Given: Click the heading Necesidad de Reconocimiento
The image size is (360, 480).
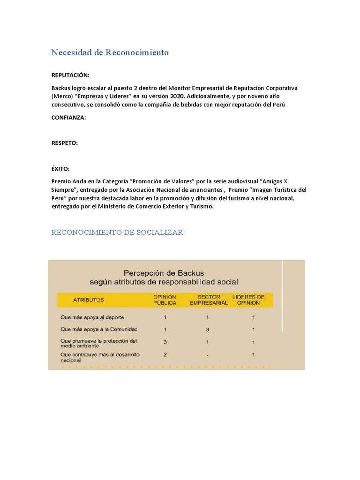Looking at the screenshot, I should coord(110,52).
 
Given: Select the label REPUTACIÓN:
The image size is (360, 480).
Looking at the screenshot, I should coord(70,75).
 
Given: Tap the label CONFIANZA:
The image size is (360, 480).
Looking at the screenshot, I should coord(68,118).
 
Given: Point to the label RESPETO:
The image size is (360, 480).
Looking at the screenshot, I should coord(65,143).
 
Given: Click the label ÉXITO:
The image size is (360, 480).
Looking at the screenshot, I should coord(60,169).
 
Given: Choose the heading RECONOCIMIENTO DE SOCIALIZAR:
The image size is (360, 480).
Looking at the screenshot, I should coord(118,232).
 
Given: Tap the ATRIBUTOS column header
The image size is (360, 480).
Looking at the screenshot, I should coord(89,300).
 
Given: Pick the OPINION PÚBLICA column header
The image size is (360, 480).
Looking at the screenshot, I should coord(165,300).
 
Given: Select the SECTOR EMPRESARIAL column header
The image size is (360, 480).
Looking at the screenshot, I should coord(209,300).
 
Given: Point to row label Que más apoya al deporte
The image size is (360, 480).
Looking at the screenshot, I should coord(89,317).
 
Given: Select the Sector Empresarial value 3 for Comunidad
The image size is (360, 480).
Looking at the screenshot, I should coord(208,330).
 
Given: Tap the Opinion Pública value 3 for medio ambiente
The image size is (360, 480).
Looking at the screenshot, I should coord(165,342).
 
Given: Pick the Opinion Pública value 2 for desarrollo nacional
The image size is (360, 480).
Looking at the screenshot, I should coord(165,355).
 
